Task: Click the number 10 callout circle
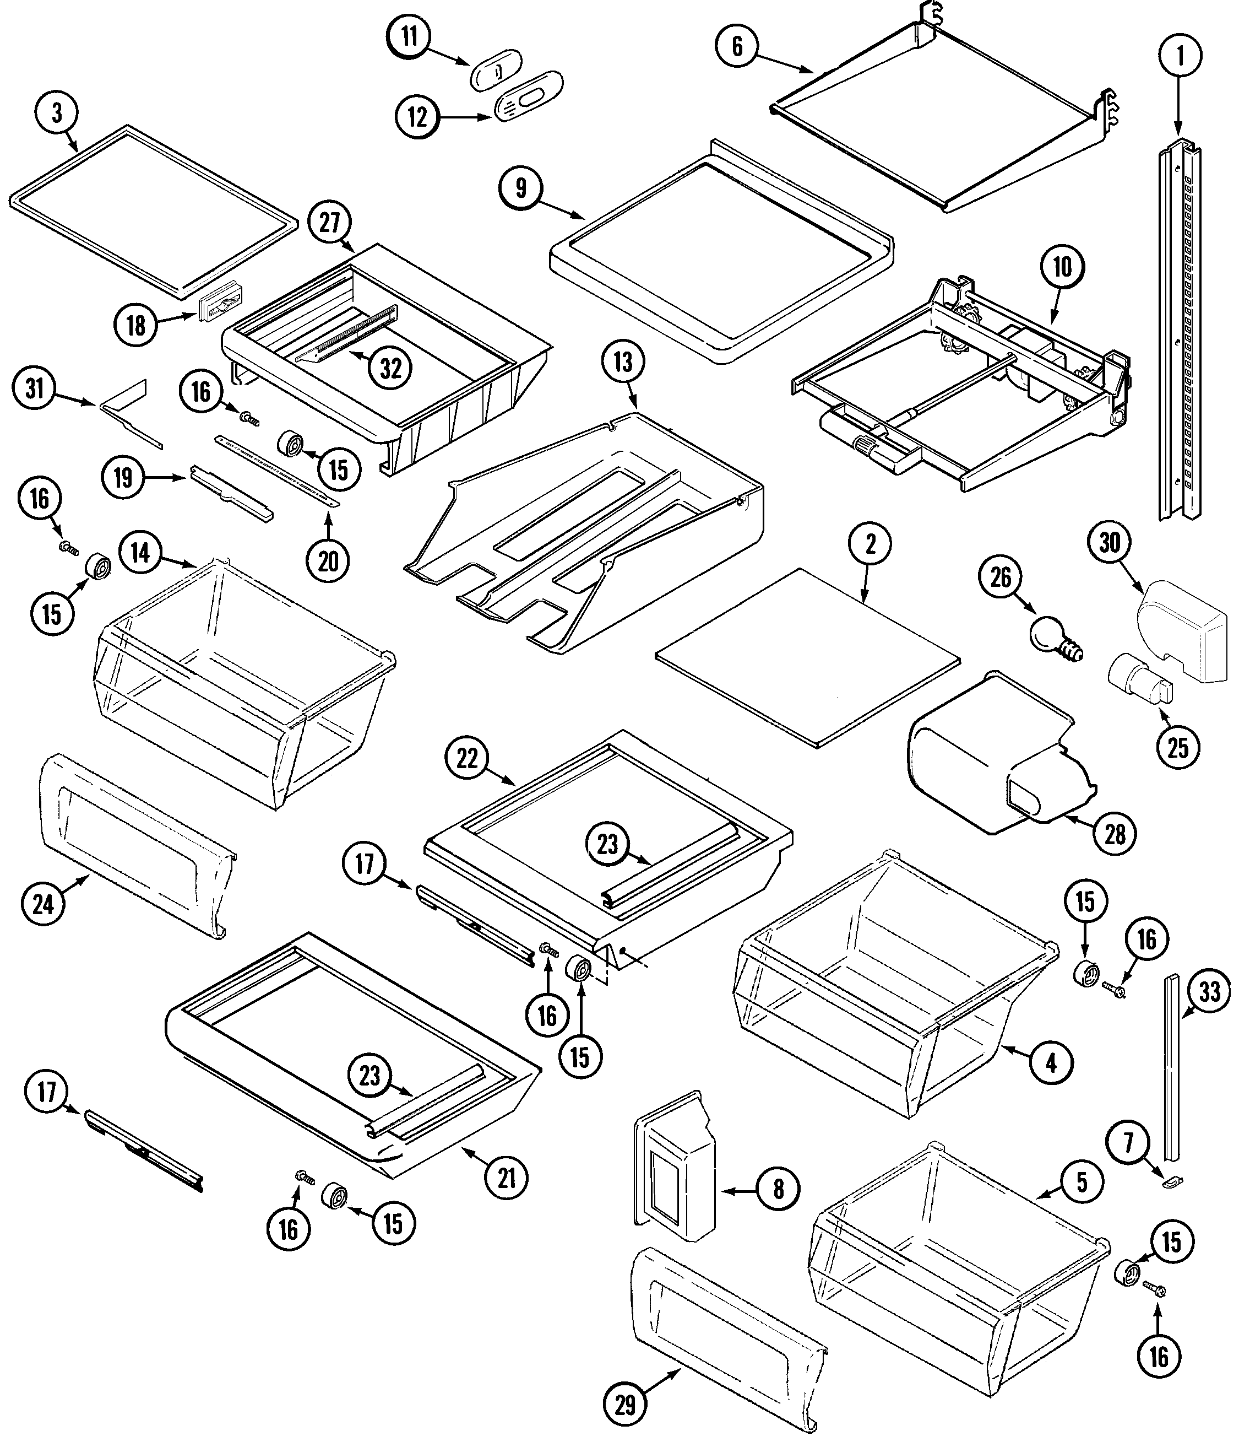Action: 1062,267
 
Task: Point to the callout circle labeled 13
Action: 623,363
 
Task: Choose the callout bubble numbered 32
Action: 390,368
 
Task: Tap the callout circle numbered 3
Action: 57,113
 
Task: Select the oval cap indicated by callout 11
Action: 496,70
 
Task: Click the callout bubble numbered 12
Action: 417,117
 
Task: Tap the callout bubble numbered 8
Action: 778,1188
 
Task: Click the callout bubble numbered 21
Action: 506,1178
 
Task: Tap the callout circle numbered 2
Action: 870,545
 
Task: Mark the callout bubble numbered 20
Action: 328,561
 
